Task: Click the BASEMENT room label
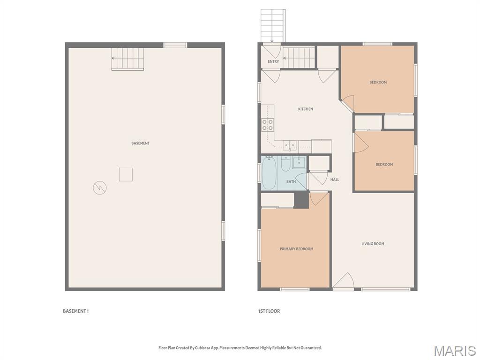coord(141,143)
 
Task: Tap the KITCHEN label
coord(306,109)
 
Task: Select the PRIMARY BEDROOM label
coord(296,249)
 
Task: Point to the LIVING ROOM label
coord(373,244)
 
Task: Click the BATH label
coord(291,181)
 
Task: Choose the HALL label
coord(335,180)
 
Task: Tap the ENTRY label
coord(273,61)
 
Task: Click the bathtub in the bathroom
coord(269,173)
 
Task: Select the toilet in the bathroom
coord(285,165)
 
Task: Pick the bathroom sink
coord(299,163)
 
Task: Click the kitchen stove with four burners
coord(267,125)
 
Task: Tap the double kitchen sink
coord(289,145)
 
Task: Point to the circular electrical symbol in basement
coord(100,187)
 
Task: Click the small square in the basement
coord(126,174)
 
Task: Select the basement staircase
coord(127,59)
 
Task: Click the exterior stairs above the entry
coord(273,26)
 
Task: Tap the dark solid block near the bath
coord(301,200)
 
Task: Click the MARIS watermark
coord(455,351)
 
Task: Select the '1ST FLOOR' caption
coord(269,311)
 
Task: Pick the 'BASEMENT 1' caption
coord(75,311)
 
